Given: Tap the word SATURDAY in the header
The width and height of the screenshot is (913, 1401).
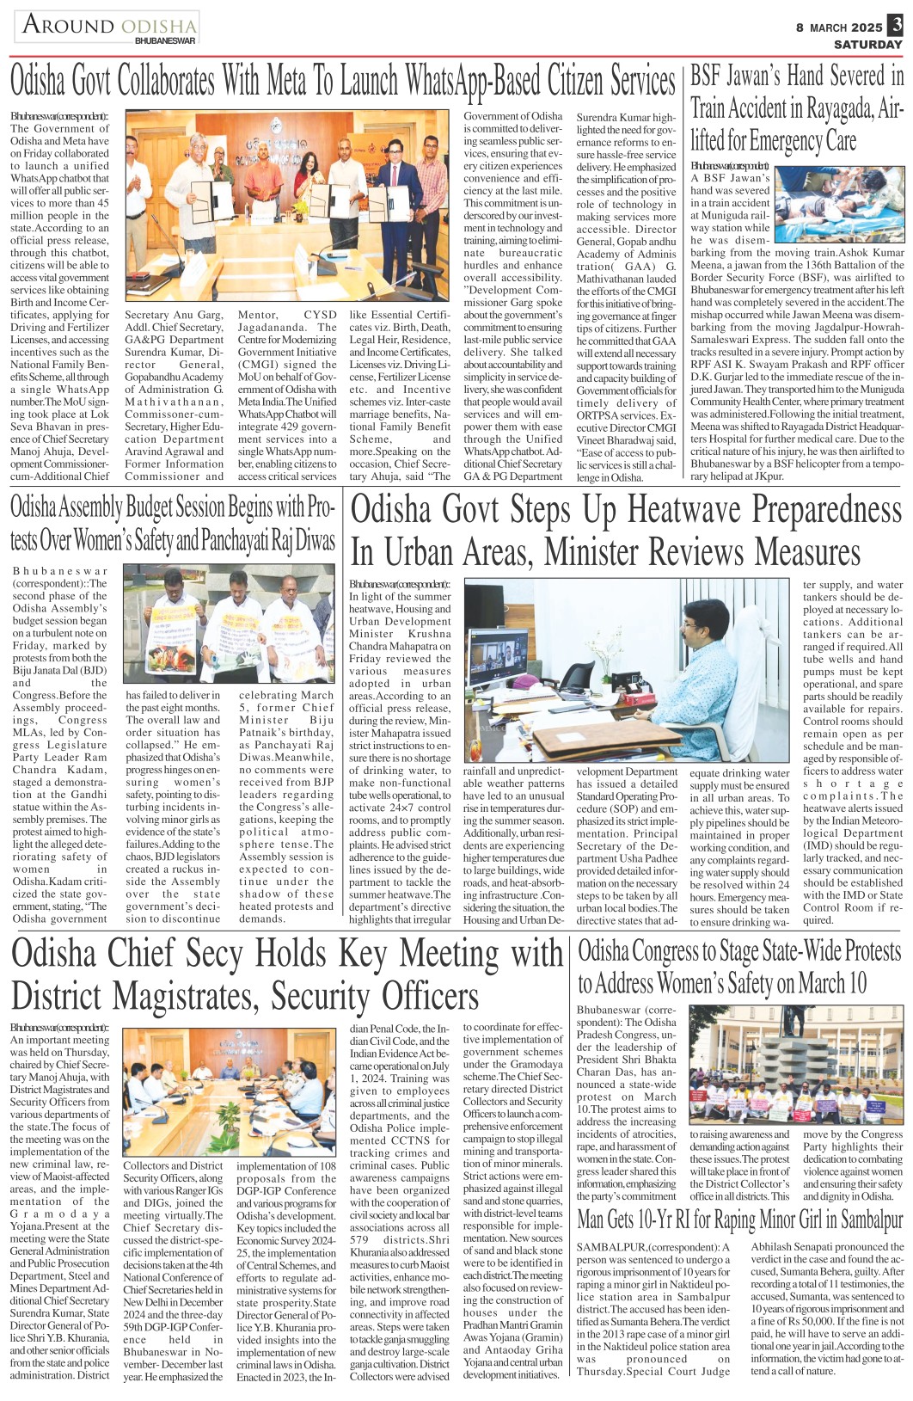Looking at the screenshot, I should click(867, 44).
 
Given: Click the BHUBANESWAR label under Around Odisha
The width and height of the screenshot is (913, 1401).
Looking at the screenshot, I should click(165, 40).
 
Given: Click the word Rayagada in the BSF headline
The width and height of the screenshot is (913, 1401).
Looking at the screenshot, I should click(831, 108).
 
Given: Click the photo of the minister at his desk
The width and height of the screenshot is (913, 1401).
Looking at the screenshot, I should click(629, 670).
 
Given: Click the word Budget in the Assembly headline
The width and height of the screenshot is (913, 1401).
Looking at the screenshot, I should click(166, 507).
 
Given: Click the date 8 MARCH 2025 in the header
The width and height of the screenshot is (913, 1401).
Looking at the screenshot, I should click(839, 28).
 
